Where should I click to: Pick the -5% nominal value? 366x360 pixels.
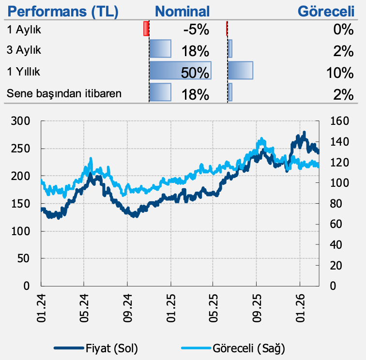(x=196, y=30)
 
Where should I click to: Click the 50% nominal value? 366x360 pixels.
(x=195, y=73)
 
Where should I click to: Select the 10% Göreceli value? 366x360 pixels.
(x=340, y=73)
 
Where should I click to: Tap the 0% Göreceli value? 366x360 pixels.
(x=343, y=30)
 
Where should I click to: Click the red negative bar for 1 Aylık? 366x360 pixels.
(x=146, y=29)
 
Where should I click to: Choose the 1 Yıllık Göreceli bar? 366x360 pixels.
(x=241, y=71)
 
